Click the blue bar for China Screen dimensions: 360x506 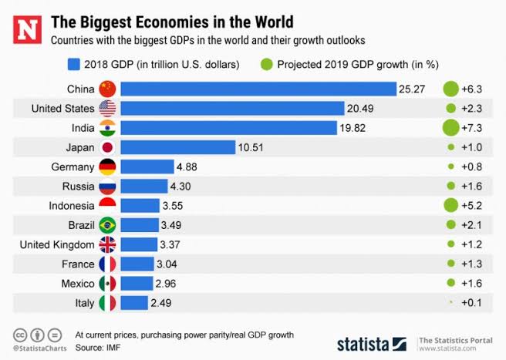258,89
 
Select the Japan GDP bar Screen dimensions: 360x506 177,147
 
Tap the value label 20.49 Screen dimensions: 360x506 363,109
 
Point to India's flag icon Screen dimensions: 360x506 107,127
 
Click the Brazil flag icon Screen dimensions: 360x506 107,225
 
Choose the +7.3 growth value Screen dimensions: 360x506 471,127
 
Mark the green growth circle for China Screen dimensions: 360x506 450,89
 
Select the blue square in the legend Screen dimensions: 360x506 75,64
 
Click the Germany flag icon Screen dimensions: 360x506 107,167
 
